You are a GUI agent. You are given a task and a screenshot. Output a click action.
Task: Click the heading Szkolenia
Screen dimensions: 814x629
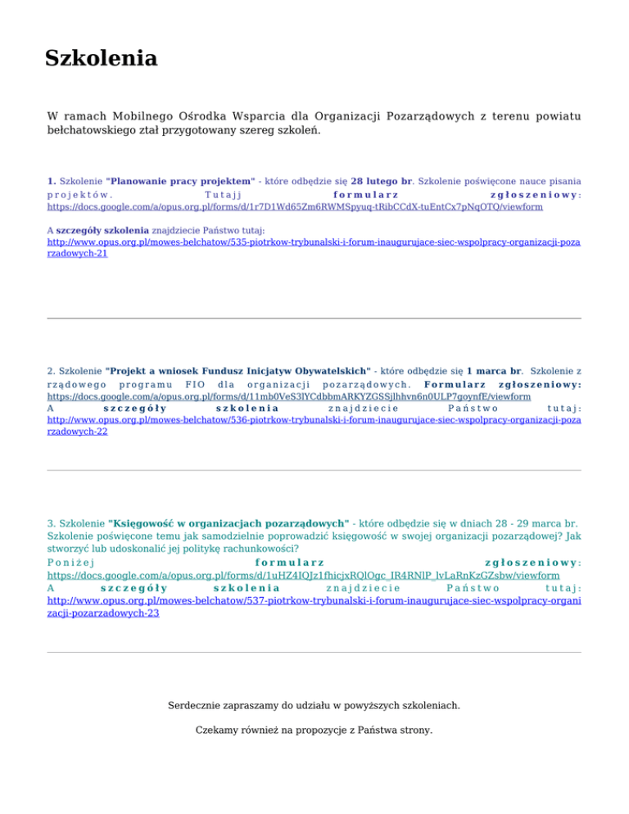point(101,59)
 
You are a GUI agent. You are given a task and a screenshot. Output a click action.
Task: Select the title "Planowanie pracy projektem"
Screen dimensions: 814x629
point(179,179)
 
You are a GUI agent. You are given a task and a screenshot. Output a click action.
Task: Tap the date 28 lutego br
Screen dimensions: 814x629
point(381,179)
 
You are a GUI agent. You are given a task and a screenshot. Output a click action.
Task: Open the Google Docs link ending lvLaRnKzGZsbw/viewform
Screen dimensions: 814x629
point(304,576)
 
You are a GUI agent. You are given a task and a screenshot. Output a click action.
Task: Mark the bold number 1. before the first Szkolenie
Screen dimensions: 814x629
point(52,179)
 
